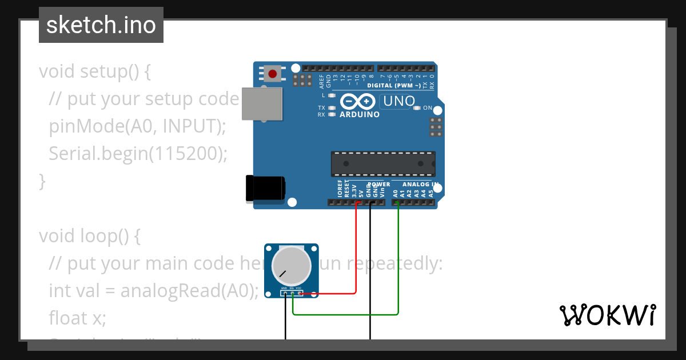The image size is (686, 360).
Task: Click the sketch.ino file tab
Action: point(101,25)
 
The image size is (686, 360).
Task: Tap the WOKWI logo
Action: point(607,315)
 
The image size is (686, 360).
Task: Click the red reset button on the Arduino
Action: point(273,74)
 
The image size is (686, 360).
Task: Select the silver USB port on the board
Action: point(262,103)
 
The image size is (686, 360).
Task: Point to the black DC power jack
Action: point(265,189)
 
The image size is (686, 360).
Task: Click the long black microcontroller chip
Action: point(383,163)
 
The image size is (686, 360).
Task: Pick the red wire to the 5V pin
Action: point(356,251)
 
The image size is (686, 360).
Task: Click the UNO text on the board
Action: point(399,102)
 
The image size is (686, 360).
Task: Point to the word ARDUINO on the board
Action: point(360,114)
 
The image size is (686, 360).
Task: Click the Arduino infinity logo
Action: point(358,102)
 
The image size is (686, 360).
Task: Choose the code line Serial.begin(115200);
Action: point(138,154)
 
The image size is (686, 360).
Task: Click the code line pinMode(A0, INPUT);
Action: point(137,126)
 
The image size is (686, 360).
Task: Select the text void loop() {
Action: point(89,236)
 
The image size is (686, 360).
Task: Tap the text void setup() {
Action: point(95,71)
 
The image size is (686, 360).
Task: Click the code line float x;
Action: point(77,318)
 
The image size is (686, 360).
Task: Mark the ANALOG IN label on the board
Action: point(420,185)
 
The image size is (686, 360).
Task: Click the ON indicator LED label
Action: point(428,107)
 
